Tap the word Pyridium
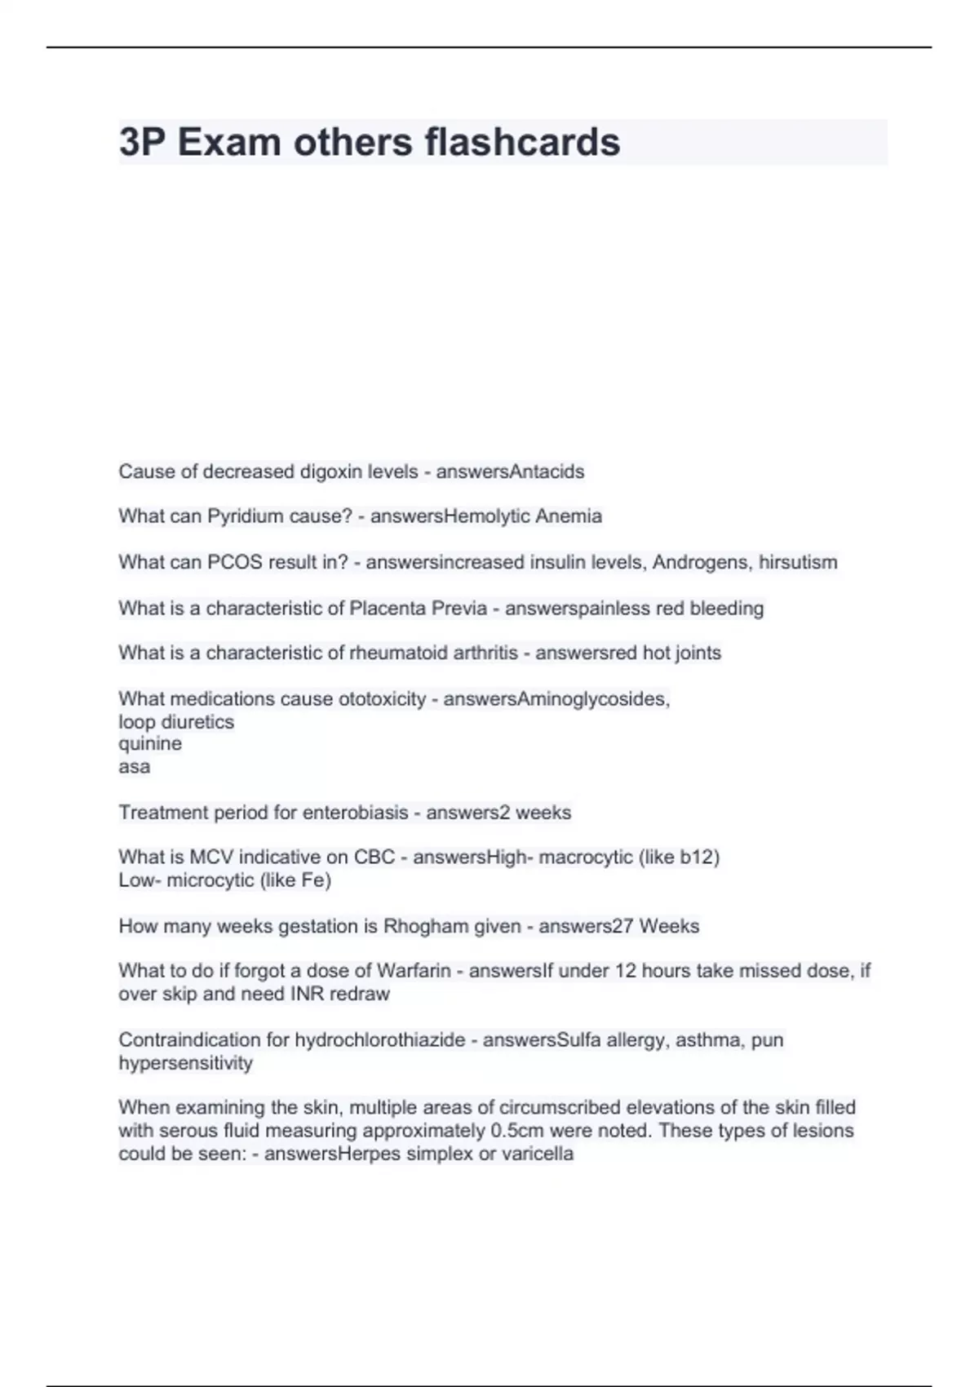pyautogui.click(x=244, y=516)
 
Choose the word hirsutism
pyautogui.click(x=797, y=562)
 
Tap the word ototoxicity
pyautogui.click(x=371, y=699)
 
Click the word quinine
pyautogui.click(x=150, y=743)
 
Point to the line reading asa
pyautogui.click(x=135, y=766)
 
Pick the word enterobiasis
pyautogui.click(x=356, y=813)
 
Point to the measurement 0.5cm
pyautogui.click(x=513, y=1131)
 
